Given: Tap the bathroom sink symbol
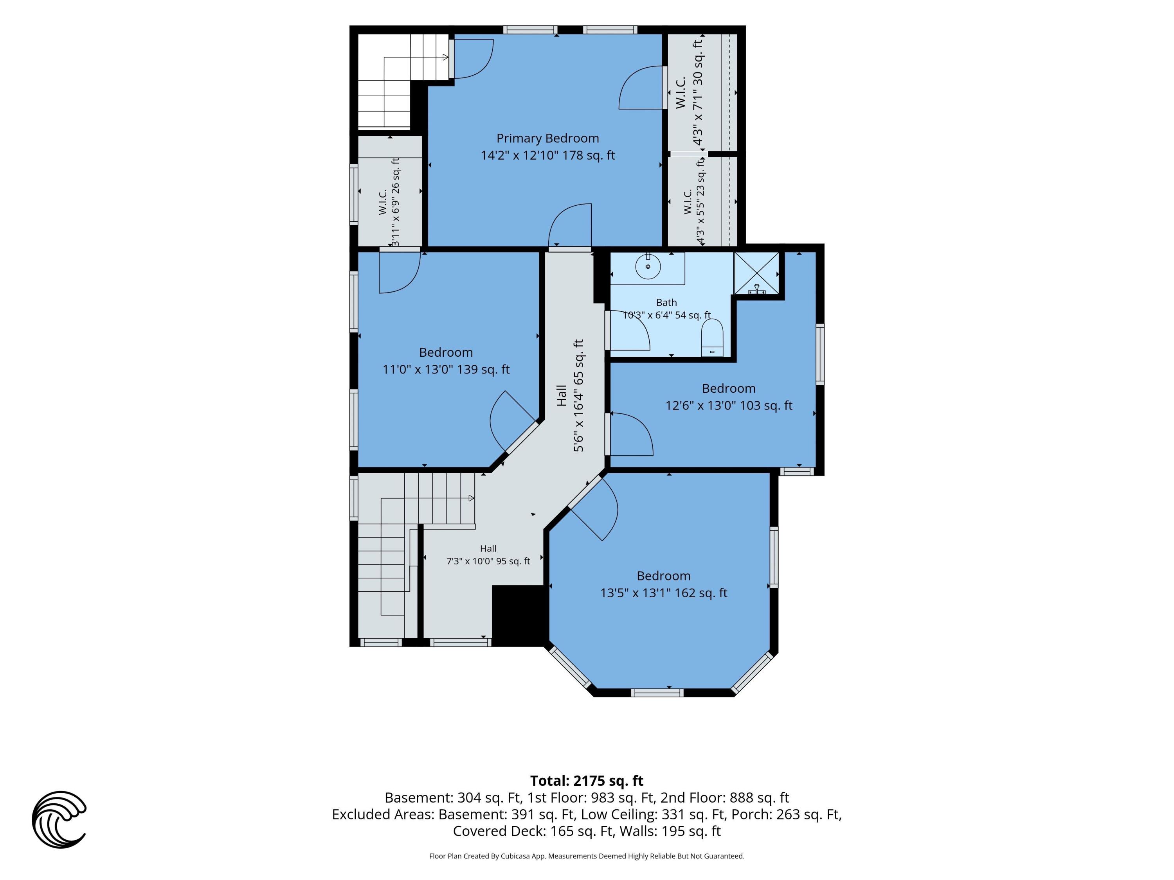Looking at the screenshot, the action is click(648, 266).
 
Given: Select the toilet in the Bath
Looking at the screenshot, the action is click(712, 338).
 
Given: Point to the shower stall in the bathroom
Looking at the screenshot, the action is click(756, 273).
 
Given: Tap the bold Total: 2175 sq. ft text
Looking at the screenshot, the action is click(587, 781).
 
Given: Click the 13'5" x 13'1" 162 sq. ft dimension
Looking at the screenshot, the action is click(663, 593).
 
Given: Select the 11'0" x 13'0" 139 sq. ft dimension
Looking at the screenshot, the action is click(446, 369).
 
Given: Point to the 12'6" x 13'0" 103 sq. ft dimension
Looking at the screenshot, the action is click(729, 405).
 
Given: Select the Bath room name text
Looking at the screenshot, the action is click(666, 302).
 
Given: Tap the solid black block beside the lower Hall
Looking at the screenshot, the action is click(519, 615).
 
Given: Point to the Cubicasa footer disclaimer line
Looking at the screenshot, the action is click(587, 856).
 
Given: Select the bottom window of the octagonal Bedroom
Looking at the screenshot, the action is click(657, 692).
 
